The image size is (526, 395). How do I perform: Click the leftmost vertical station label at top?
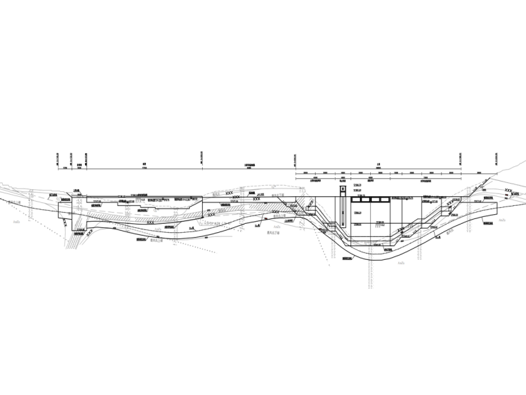click(x=57, y=160)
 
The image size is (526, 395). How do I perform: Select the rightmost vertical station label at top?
click(x=494, y=160)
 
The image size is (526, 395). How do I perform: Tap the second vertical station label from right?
click(x=461, y=160)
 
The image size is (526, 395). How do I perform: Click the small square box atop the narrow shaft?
click(x=341, y=190)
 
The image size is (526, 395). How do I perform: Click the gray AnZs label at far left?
click(x=16, y=222)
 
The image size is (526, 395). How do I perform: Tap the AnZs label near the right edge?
click(x=501, y=220)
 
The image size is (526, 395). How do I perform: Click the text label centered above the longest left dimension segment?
click(x=144, y=168)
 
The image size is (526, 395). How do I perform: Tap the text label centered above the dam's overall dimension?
click(x=379, y=168)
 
